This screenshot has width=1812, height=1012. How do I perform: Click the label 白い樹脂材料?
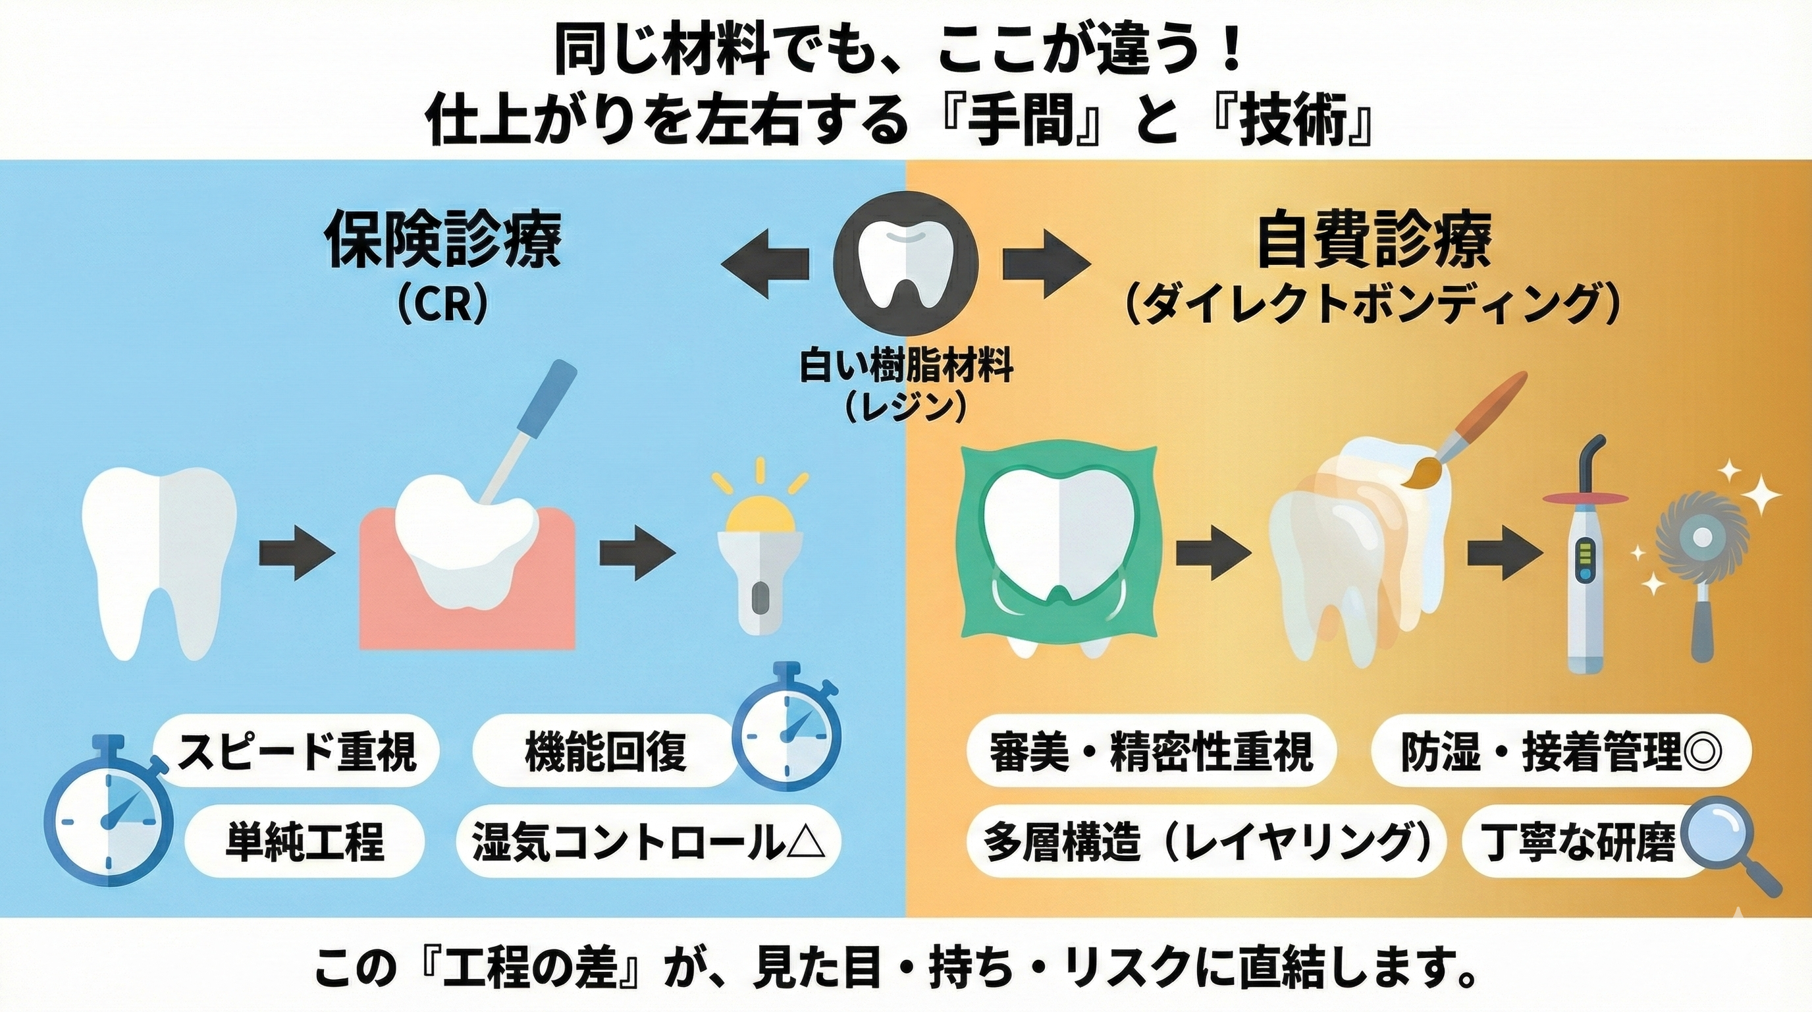(x=906, y=368)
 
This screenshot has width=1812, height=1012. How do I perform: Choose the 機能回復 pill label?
(x=606, y=751)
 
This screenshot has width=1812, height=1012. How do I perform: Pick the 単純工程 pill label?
(x=305, y=841)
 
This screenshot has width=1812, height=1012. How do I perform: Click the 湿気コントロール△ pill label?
(x=647, y=841)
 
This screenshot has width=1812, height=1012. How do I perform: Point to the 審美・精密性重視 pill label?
(x=1150, y=751)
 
